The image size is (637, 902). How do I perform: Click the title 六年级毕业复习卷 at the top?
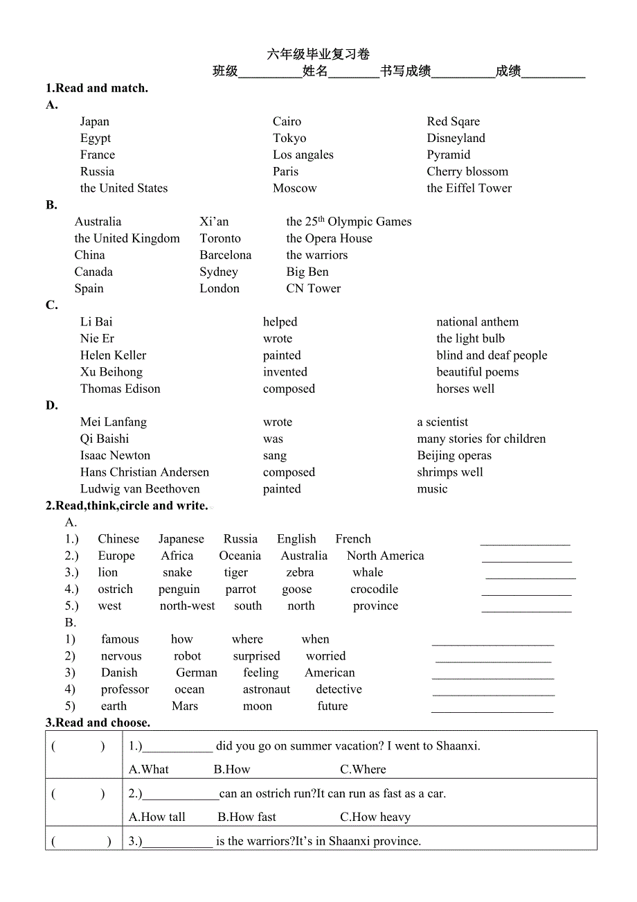coord(318,54)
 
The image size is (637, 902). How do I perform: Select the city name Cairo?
coord(287,121)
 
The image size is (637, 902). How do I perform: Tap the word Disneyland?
coord(456,138)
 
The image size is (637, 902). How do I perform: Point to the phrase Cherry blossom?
coord(467,171)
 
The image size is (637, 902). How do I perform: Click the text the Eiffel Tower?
coord(469,188)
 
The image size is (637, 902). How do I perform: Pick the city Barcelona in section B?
coord(226,255)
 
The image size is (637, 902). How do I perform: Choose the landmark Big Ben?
coord(307,272)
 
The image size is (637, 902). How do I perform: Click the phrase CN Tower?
coord(313,288)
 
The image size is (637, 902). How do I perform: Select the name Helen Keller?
coord(113,355)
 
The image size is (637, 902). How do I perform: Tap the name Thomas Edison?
coord(120,389)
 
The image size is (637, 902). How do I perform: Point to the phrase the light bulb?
coord(470,339)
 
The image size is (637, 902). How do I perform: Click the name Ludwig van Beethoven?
coord(140,489)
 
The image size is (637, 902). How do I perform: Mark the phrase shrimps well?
coord(450,472)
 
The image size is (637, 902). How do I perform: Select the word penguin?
coord(179,590)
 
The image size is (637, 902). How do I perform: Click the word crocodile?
coord(374,590)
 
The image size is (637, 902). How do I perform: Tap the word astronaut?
coord(267,689)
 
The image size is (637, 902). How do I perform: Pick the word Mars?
coord(185,706)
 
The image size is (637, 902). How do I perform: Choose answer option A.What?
coord(149,769)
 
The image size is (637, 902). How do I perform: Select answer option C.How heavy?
coord(375,817)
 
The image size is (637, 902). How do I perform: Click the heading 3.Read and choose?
coord(98,723)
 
